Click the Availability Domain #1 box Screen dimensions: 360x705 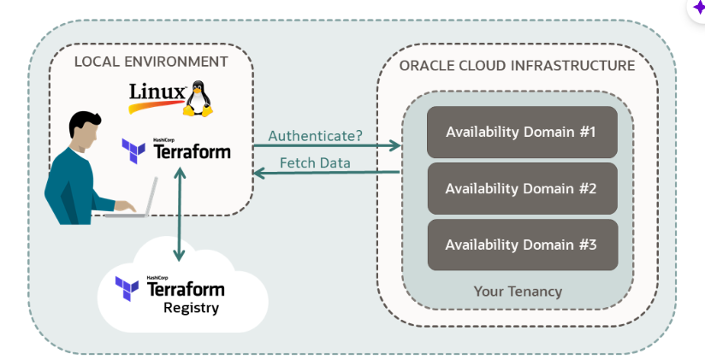(522, 132)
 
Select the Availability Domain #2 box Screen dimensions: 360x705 (522, 188)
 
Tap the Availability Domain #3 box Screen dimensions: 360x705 (522, 245)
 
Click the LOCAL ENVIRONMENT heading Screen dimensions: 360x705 (151, 62)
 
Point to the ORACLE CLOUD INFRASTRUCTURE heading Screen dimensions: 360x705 (517, 65)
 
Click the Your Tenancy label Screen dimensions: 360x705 (518, 292)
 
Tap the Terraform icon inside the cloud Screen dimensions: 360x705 (127, 288)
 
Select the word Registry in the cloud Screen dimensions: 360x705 (191, 307)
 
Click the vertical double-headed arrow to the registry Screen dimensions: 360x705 (179, 214)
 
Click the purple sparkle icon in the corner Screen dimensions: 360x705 (697, 6)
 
